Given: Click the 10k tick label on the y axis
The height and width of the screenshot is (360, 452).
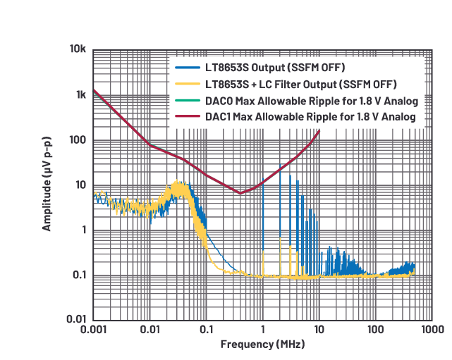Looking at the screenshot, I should (78, 50).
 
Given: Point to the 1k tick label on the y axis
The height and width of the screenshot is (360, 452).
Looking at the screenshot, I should (80, 95).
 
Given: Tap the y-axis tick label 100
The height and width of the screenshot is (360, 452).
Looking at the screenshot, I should (78, 140).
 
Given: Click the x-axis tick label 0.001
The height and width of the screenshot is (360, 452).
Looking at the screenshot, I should (93, 330).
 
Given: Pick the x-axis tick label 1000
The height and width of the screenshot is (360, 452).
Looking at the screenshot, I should (431, 330).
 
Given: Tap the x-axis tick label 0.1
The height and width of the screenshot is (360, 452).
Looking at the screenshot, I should (206, 330).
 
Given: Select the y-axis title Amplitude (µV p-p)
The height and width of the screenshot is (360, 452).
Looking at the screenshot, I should (47, 185).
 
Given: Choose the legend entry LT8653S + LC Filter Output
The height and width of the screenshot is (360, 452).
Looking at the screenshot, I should (295, 84).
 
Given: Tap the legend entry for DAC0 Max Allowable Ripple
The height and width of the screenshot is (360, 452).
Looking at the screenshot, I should (311, 100).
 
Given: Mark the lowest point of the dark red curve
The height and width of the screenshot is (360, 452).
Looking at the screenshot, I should (240, 193).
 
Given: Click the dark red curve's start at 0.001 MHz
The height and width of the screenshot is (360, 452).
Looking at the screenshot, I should (94, 90).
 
